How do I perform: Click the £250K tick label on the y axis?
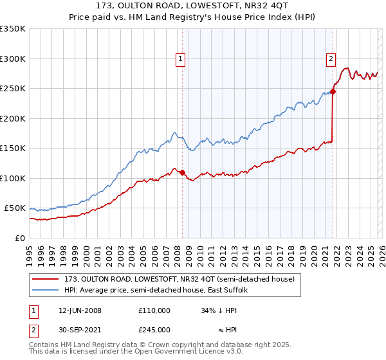click(13, 89)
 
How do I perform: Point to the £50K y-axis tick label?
click(15, 208)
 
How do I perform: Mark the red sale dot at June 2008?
click(183, 172)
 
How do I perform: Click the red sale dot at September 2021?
click(333, 91)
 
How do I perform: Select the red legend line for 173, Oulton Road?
click(46, 279)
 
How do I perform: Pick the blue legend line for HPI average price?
click(46, 291)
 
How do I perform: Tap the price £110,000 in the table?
click(154, 310)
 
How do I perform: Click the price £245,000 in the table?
click(154, 330)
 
